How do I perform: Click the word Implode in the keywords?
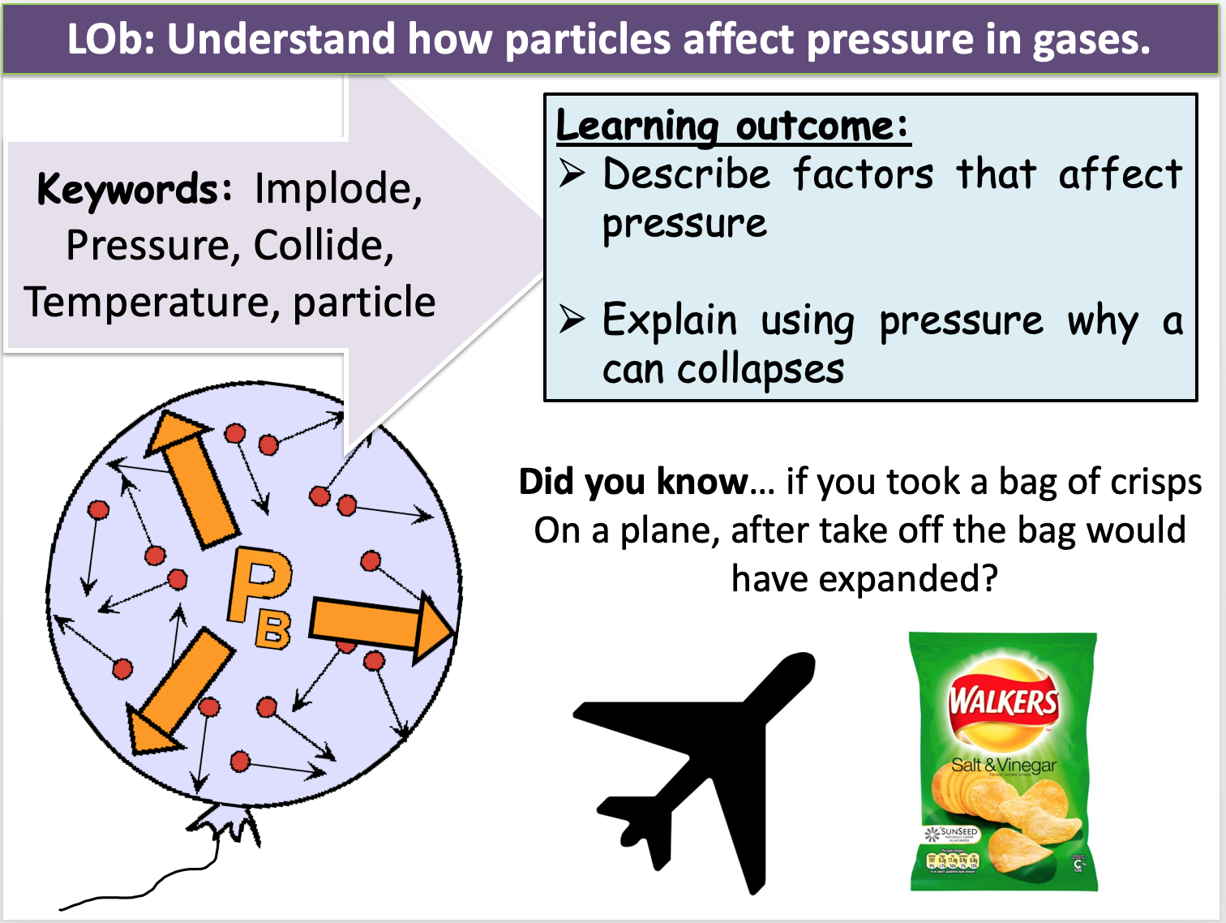[x=337, y=190]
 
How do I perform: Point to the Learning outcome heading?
[x=731, y=126]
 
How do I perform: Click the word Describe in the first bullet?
[x=686, y=174]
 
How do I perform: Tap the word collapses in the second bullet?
[x=760, y=370]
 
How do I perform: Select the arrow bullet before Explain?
[x=572, y=320]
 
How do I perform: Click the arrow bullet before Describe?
[x=572, y=173]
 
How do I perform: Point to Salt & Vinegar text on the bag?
[x=1004, y=765]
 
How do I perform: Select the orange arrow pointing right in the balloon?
[x=381, y=625]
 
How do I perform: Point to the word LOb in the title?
[x=109, y=39]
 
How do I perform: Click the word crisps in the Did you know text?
[x=1156, y=482]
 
